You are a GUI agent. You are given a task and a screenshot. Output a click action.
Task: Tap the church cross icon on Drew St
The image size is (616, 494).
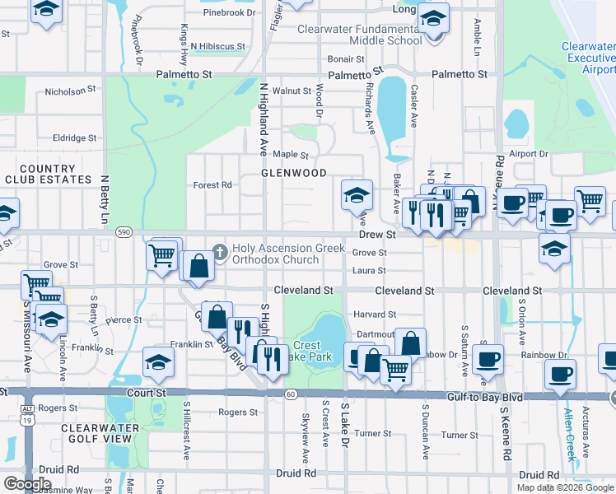(220, 251)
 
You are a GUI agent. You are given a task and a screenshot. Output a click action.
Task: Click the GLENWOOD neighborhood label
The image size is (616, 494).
(293, 174)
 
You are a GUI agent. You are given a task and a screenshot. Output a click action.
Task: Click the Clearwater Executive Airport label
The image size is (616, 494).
(589, 58)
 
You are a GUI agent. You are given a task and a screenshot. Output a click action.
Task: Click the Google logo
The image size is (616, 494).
(27, 484)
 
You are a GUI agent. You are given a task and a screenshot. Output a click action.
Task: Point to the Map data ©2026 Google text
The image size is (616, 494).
(563, 487)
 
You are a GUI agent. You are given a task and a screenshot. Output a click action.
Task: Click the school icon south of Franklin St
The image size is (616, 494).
(158, 361)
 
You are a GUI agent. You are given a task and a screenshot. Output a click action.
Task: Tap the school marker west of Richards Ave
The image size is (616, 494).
(357, 195)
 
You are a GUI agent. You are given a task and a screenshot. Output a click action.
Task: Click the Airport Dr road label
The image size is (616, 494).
(528, 154)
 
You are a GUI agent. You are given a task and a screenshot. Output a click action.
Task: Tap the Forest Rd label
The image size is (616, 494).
(212, 185)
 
